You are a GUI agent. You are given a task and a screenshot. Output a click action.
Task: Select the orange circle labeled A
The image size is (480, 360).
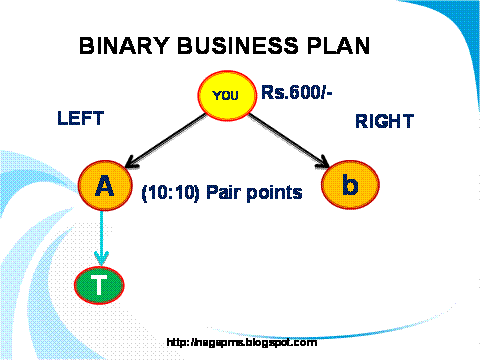[105, 186]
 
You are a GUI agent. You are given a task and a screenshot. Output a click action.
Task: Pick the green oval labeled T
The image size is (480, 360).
[99, 285]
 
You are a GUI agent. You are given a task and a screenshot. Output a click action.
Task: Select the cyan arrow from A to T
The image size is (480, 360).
[100, 236]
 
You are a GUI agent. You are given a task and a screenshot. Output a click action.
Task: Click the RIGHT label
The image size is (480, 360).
[384, 122]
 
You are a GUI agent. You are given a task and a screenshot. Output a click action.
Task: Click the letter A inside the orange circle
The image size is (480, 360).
[105, 186]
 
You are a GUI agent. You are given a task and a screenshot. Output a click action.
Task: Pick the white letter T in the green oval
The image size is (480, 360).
[99, 286]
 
